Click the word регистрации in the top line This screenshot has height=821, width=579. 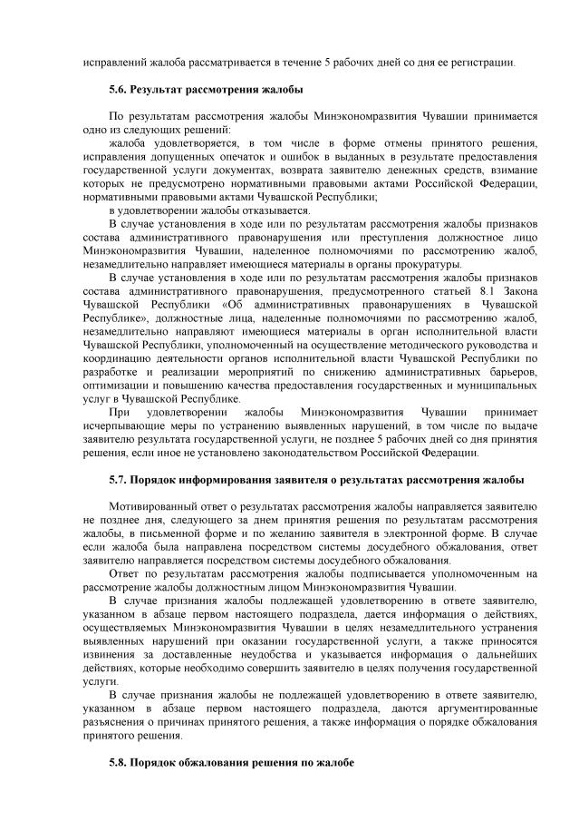(x=486, y=63)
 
